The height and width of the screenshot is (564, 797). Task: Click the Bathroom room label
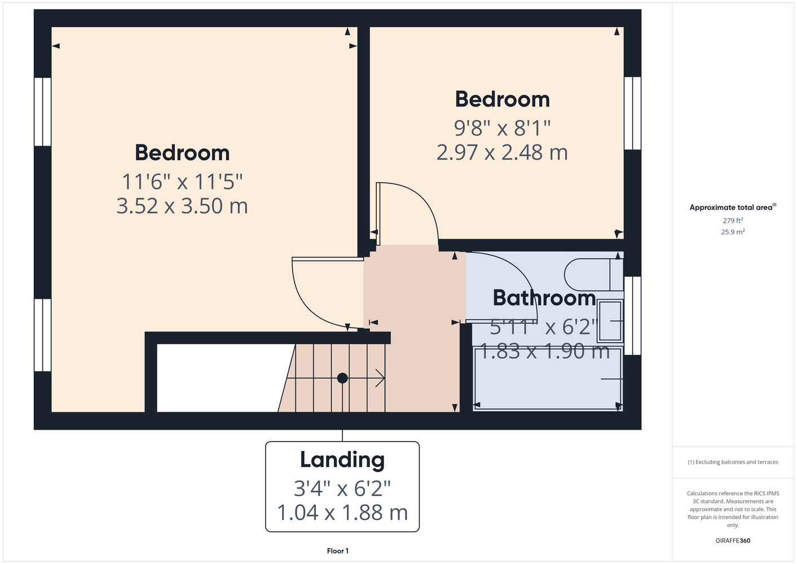point(544,298)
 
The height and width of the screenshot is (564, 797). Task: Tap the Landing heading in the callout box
point(342,460)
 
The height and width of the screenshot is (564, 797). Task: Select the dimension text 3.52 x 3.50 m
point(182,206)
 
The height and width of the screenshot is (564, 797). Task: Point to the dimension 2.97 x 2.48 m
point(502,152)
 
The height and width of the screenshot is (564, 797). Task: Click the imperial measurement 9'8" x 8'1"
point(502,127)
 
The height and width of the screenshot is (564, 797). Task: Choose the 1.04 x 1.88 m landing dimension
point(342,513)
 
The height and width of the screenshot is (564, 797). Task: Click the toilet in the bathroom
point(593,275)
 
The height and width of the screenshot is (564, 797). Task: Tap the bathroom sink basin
point(610,321)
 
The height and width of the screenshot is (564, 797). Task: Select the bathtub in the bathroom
point(548,380)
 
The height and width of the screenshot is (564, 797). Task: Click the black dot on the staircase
point(342,378)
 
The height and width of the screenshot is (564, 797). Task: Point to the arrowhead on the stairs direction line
point(380,378)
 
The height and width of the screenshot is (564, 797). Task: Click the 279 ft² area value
point(733,221)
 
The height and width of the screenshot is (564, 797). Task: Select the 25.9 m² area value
point(733,232)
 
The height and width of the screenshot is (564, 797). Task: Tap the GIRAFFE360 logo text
point(733,540)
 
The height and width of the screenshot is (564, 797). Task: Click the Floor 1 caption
point(338,551)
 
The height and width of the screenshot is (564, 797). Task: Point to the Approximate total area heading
point(733,207)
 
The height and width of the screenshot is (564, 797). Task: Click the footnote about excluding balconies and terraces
point(733,462)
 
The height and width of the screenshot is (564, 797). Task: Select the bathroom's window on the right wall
point(632,316)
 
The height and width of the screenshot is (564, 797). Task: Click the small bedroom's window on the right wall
point(632,113)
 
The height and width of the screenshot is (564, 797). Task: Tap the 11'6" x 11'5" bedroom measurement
point(182,182)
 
